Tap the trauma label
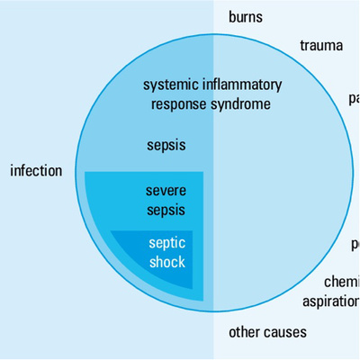pos(321,46)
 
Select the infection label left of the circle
pos(36,170)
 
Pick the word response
pos(176,103)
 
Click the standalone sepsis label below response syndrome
pos(166,143)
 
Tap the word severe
pos(166,191)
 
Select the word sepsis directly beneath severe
pos(166,210)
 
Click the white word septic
pos(166,244)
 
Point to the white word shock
pos(167,262)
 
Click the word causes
pos(285,332)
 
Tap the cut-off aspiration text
pos(330,301)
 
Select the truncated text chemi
pos(341,282)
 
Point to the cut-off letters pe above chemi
pos(355,244)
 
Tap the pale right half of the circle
pos(279,180)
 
